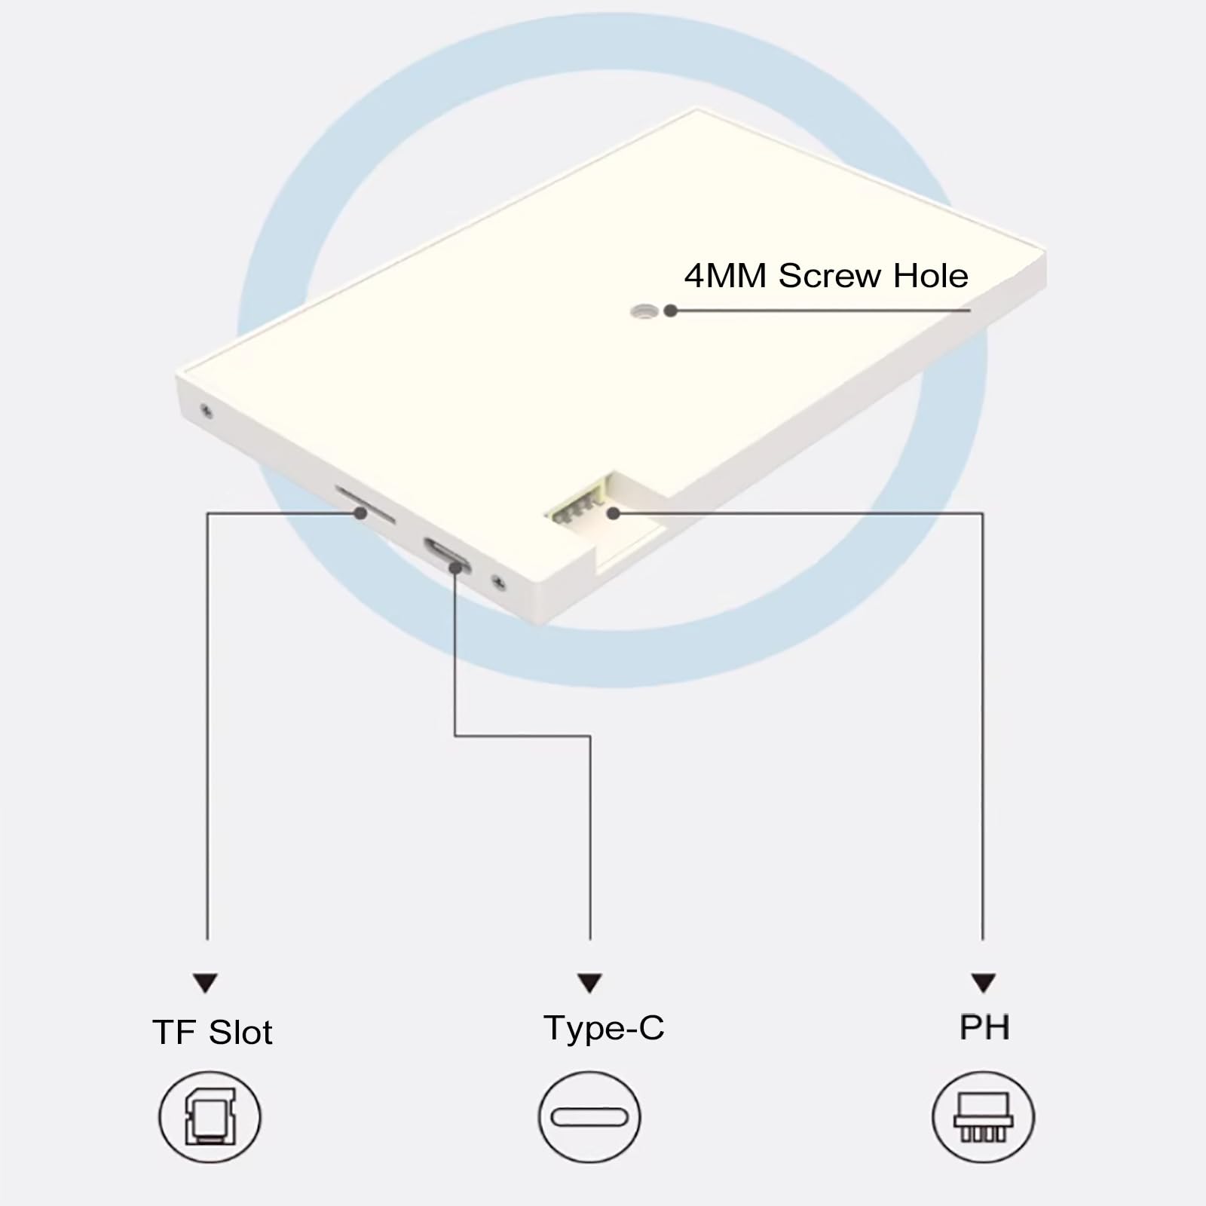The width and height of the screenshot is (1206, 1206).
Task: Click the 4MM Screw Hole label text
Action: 826,276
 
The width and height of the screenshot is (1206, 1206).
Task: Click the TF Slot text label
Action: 213,1032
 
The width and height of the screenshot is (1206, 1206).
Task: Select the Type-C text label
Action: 604,1028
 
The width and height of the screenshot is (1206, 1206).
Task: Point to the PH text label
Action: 984,1027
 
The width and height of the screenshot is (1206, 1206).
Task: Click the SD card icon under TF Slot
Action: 210,1116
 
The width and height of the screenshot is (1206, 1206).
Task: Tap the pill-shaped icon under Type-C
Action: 589,1116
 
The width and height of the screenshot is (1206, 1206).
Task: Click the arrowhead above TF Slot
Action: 205,983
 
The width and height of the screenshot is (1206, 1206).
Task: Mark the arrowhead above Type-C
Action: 589,983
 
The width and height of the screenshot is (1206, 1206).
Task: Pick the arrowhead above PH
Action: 983,983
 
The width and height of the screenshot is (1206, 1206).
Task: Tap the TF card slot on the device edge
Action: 365,504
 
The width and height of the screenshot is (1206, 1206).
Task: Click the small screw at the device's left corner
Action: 205,411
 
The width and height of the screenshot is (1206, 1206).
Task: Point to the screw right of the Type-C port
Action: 497,581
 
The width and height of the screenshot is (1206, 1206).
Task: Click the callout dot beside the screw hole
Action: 670,311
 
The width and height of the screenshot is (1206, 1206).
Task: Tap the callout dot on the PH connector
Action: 614,513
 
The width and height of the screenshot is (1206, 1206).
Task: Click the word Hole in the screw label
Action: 930,276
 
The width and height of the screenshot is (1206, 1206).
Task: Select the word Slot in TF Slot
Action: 241,1032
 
